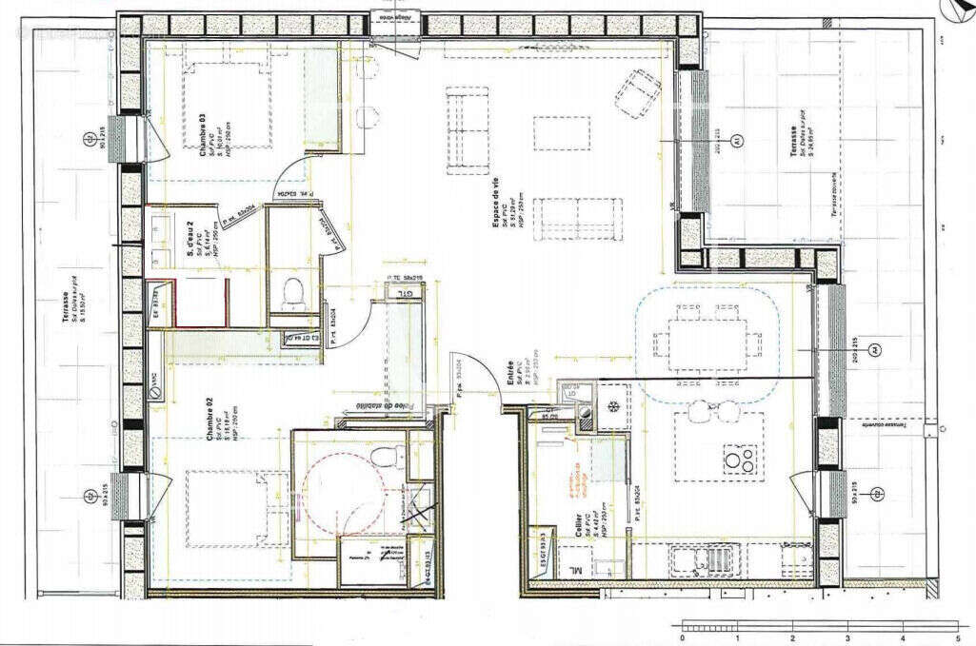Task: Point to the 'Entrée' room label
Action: pyautogui.click(x=511, y=370)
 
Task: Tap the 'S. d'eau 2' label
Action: pyautogui.click(x=190, y=232)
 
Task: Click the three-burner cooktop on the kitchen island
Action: pyautogui.click(x=743, y=460)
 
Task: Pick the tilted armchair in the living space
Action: pyautogui.click(x=637, y=91)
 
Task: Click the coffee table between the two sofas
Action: pyautogui.click(x=562, y=133)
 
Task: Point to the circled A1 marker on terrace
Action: pyautogui.click(x=736, y=141)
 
